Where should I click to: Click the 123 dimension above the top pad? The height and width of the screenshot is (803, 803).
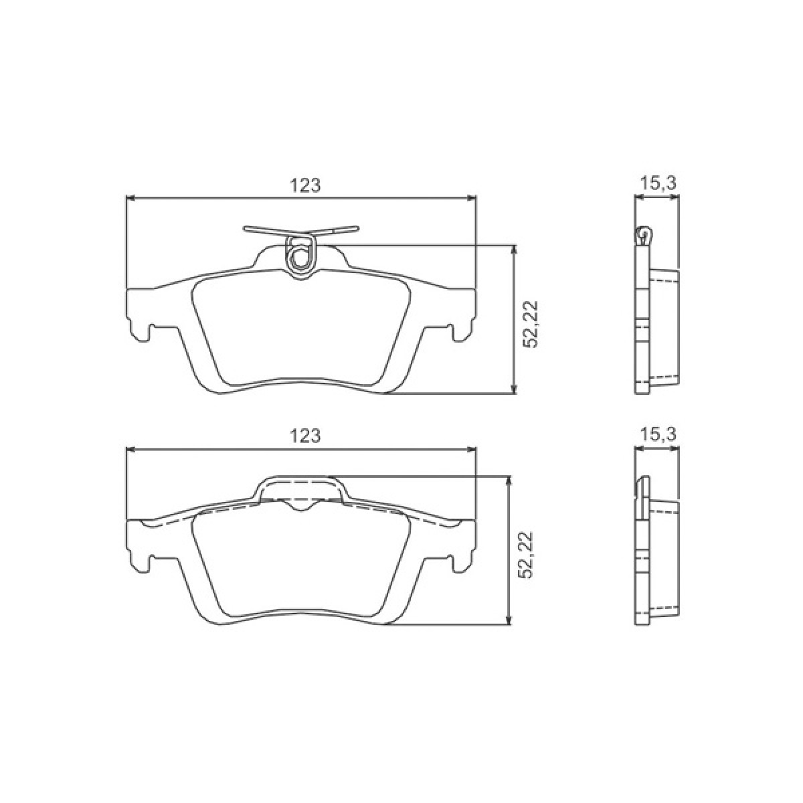306,185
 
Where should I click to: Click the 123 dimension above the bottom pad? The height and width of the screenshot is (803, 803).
306,436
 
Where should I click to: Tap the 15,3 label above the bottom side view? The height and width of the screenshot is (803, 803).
658,434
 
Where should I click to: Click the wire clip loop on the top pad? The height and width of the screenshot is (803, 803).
300,254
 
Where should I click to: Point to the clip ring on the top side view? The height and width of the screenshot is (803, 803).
644,234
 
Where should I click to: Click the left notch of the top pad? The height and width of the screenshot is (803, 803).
150,333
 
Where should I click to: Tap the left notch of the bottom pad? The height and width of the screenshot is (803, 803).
150,563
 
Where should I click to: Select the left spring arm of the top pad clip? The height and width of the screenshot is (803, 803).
264,232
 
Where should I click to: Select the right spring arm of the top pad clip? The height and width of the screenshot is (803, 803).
338,232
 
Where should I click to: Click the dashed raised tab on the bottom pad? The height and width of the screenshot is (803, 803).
300,488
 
